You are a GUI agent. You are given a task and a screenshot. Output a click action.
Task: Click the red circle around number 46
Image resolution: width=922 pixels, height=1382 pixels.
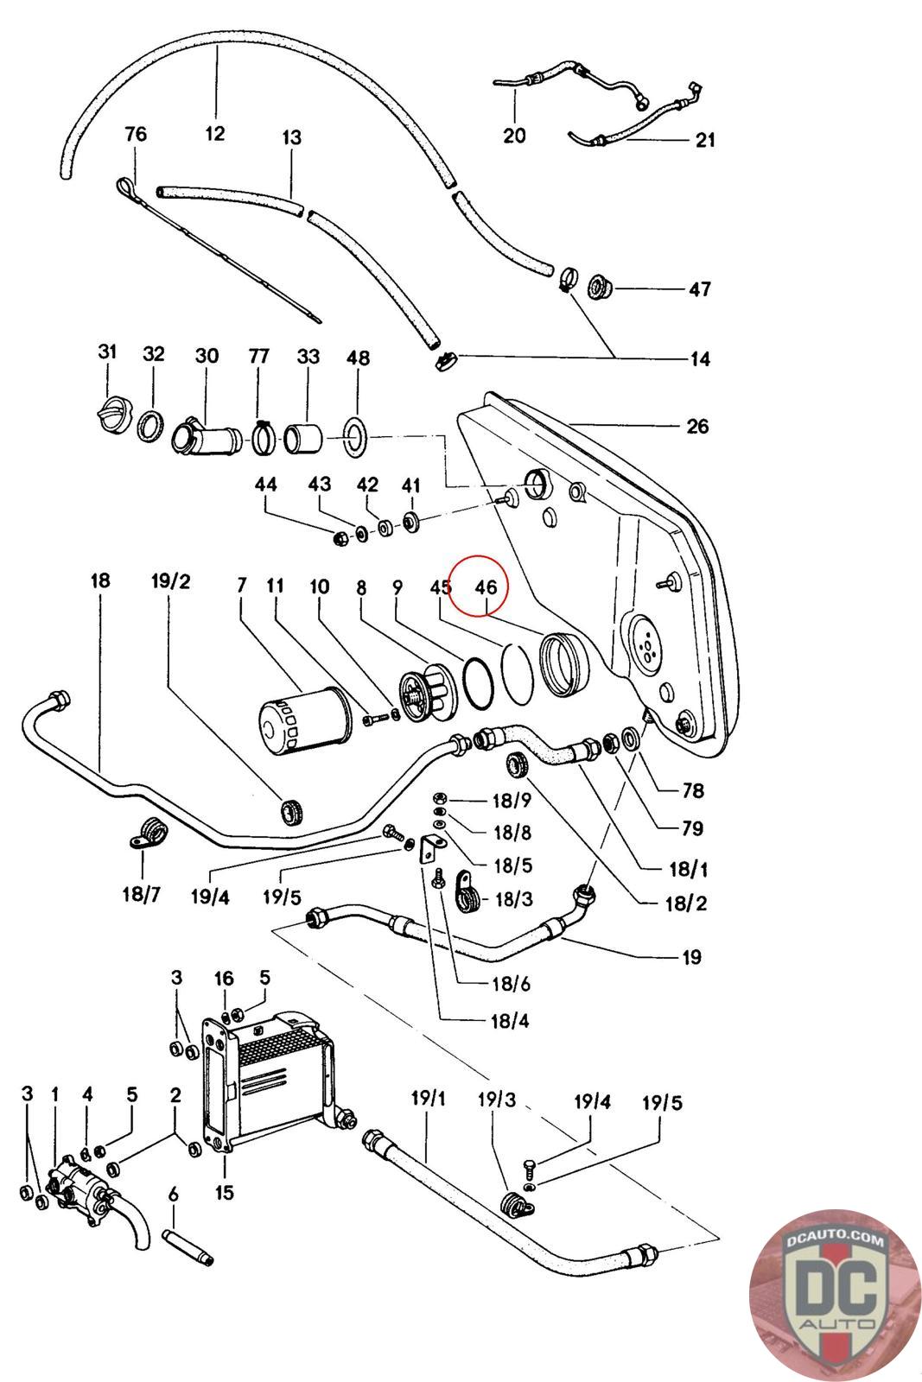click(478, 586)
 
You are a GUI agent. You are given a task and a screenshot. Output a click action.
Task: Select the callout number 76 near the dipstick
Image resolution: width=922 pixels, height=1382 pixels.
click(136, 135)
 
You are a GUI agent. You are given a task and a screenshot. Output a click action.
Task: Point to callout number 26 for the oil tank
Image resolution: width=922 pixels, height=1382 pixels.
click(697, 427)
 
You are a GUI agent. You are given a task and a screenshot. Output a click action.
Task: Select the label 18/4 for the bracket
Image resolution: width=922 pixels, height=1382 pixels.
click(510, 1021)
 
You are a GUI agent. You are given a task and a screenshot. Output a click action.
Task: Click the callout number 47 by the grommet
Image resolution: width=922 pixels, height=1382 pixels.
click(700, 288)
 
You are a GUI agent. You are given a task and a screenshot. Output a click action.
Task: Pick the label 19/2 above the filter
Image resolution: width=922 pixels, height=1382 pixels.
click(171, 581)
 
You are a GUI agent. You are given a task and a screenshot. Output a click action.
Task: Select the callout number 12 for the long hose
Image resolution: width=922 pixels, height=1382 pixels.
click(215, 133)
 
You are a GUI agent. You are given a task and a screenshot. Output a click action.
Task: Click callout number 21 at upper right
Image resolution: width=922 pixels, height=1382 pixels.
click(705, 140)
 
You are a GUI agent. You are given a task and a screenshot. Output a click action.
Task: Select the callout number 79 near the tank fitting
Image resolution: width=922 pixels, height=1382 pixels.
click(692, 828)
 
